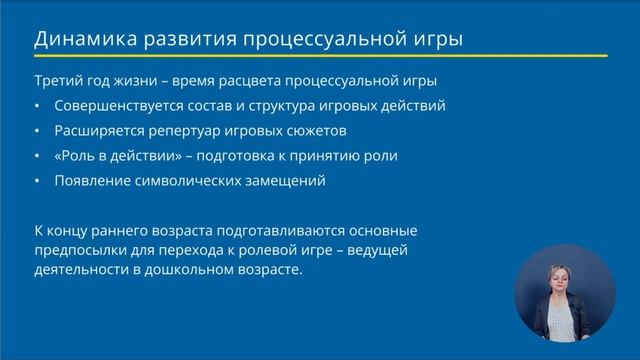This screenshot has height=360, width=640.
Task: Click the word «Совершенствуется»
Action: pos(115,105)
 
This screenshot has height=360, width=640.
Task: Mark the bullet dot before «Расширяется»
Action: pos(38,130)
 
